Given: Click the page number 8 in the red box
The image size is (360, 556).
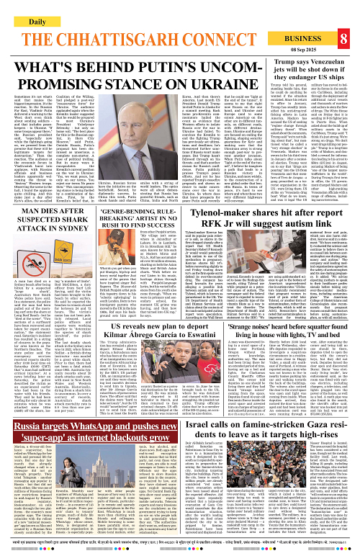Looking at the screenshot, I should click(x=344, y=20).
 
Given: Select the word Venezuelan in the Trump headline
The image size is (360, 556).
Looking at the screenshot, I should click(x=318, y=54).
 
